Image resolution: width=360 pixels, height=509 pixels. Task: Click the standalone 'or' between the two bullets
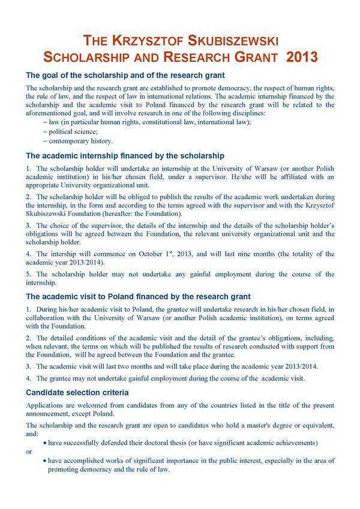29,451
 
